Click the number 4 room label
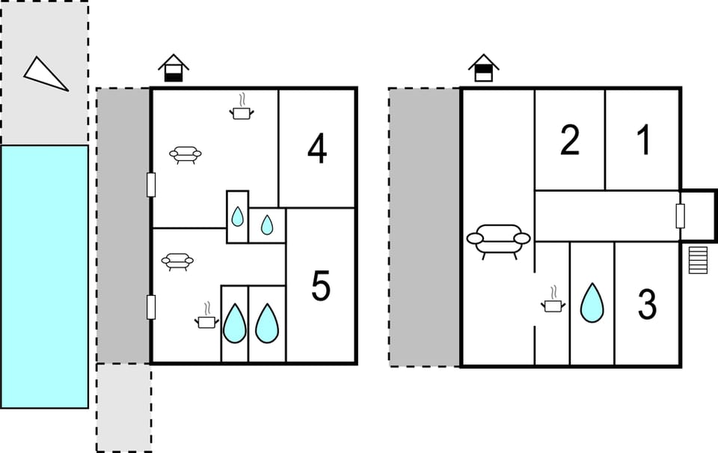(x=317, y=149)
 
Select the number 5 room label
(x=321, y=286)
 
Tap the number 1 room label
(x=643, y=140)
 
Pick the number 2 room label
(x=570, y=140)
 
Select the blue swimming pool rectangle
(x=44, y=276)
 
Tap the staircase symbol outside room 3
(x=698, y=260)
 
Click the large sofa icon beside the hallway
(x=499, y=240)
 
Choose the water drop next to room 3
(x=592, y=303)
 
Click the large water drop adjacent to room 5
(x=267, y=323)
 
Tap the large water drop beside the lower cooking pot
(x=234, y=323)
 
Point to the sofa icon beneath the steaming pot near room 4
(x=185, y=154)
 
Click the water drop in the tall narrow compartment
(x=237, y=216)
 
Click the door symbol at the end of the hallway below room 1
(x=680, y=216)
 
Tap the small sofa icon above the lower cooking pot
(x=177, y=261)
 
